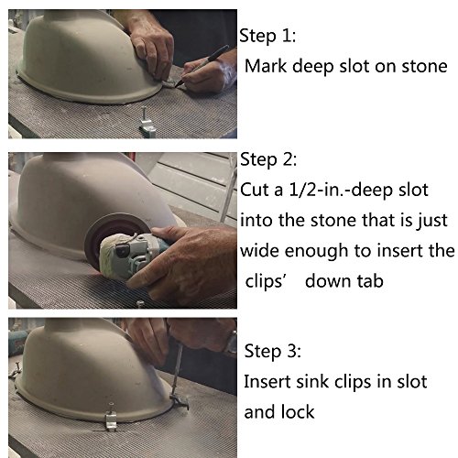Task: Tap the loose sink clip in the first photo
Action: pos(147,123)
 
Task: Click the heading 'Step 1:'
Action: pos(267,36)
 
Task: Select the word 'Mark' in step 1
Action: pos(266,66)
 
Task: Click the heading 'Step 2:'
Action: pos(268,159)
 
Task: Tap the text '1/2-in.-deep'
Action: pos(340,191)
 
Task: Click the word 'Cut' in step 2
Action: pos(255,190)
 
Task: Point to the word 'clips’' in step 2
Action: pos(265,282)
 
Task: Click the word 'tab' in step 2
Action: pos(370,281)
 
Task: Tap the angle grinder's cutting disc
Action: pos(101,232)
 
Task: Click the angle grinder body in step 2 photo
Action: pos(131,254)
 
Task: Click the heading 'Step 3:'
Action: pos(272,351)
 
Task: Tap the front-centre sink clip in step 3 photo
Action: pos(111,418)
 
